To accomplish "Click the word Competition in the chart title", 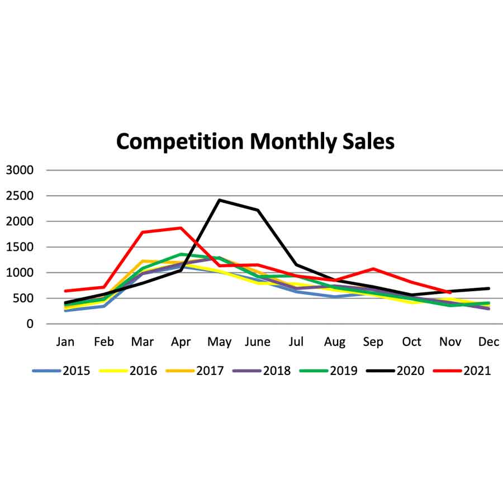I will tap(181, 141).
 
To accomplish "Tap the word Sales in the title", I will tap(367, 141).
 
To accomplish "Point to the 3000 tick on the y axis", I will tap(20, 170).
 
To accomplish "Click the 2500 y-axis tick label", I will tap(20, 196).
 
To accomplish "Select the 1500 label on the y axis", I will tap(20, 247).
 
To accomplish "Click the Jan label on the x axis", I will tap(65, 342).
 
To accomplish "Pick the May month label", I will tap(219, 342).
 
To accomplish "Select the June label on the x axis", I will tap(257, 342).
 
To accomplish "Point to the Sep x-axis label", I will tap(373, 342).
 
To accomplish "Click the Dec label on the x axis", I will tap(488, 342).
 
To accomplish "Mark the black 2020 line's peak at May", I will tap(220, 200).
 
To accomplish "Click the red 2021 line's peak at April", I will tap(181, 228).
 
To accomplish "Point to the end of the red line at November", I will tap(450, 292).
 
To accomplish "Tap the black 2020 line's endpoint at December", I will tap(489, 288).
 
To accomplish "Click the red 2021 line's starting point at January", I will tap(65, 291).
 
